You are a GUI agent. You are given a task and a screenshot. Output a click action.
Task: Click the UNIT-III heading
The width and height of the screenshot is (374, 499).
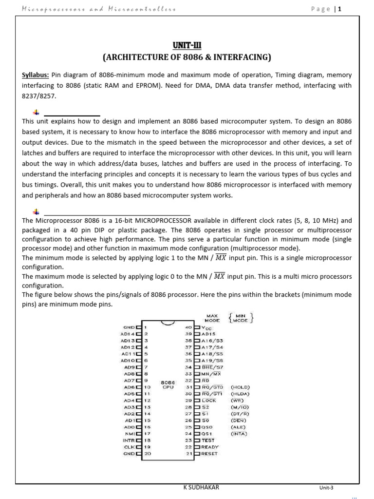(187, 45)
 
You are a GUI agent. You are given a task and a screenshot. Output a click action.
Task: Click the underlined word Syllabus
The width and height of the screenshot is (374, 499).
(35, 75)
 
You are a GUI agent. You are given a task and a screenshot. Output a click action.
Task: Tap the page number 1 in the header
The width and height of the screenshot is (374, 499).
(346, 9)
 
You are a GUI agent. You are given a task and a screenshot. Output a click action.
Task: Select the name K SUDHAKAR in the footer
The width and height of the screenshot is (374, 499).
(195, 487)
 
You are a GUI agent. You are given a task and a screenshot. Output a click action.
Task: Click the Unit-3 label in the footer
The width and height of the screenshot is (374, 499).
(325, 487)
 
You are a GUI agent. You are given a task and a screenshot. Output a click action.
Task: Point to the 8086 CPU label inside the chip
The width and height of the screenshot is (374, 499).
(168, 384)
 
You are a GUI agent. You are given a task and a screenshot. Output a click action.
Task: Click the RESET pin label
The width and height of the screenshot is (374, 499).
(209, 454)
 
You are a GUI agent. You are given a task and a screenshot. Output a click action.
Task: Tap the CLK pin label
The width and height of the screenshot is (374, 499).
(129, 447)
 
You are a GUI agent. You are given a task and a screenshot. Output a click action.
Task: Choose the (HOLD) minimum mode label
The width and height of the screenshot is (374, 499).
(240, 387)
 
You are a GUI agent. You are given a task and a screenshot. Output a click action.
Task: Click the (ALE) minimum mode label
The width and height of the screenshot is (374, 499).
(239, 427)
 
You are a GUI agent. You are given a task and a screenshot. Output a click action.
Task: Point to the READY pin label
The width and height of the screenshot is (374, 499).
(210, 447)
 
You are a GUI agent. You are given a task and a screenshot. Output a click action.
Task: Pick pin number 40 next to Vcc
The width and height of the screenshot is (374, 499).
(190, 327)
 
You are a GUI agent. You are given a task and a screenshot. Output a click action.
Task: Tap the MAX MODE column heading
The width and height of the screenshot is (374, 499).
(212, 318)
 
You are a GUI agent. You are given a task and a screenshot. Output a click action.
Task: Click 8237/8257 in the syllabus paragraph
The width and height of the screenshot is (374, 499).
(39, 96)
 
